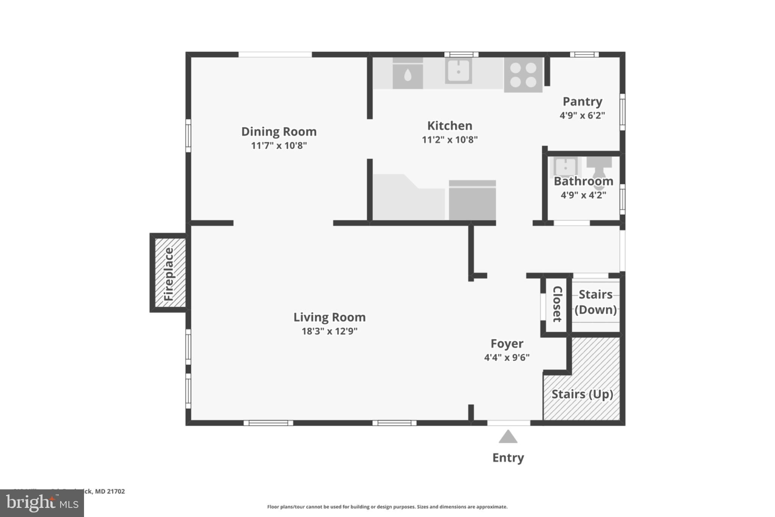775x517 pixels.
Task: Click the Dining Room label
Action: point(279,131)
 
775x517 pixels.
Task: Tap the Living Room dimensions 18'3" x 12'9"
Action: point(329,331)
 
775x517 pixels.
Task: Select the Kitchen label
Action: point(450,125)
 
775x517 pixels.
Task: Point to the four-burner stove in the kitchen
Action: point(523,75)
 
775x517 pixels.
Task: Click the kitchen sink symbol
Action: point(458,71)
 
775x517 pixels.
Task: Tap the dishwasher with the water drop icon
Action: point(408,74)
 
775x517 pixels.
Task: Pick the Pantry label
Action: point(582,102)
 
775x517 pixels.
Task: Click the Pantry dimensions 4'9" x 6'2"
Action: point(582,115)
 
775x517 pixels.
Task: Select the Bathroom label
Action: point(583,181)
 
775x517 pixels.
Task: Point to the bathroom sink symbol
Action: point(565,166)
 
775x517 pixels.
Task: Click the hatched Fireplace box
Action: point(169,273)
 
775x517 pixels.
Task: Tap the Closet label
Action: point(557,304)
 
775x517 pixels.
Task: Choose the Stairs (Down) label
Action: point(596,302)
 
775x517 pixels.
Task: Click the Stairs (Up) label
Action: point(582,394)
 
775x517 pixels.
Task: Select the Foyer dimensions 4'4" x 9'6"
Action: point(507,357)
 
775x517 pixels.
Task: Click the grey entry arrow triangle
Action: point(508,437)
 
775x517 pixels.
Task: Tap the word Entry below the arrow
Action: point(508,458)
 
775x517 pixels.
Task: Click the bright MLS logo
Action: point(42,503)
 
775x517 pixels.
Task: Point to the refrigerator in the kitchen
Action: point(472,200)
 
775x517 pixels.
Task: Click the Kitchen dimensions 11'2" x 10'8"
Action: point(450,139)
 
